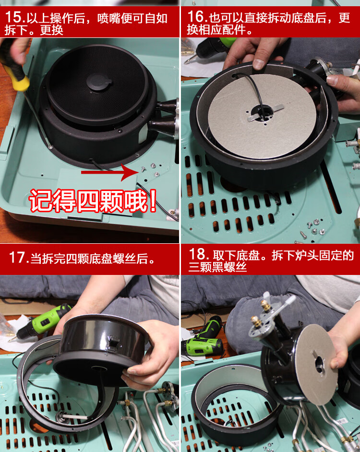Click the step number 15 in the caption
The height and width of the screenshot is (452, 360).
coord(13,18)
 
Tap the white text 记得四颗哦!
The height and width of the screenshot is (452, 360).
coord(93,201)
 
